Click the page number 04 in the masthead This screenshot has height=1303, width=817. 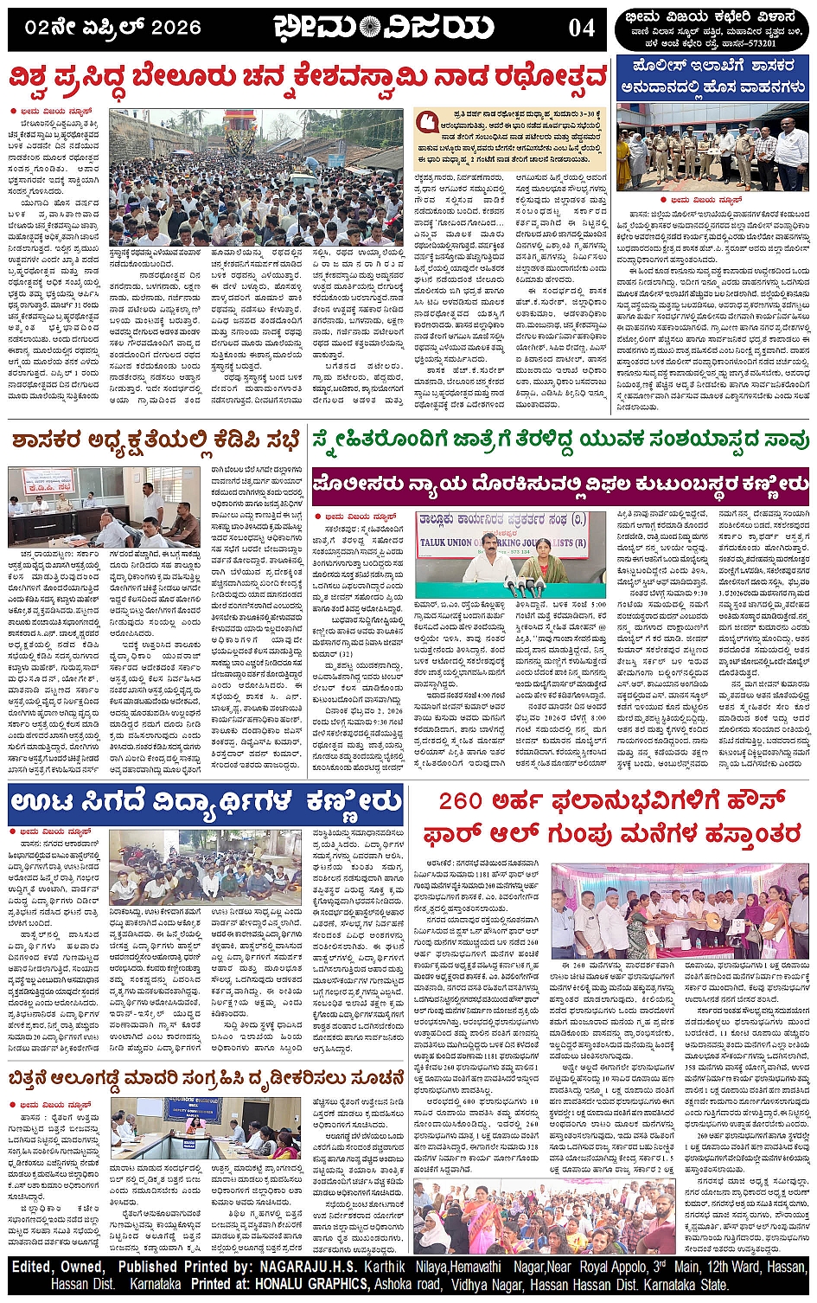click(582, 28)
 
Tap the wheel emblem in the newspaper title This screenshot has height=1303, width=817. click(369, 28)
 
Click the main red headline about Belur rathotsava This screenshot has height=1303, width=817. click(309, 79)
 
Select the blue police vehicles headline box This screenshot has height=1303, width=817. click(712, 77)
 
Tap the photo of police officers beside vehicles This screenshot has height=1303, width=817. click(712, 147)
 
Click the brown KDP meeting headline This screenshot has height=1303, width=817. click(156, 440)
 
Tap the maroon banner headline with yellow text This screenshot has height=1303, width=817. click(560, 484)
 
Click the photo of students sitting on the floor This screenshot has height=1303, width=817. click(206, 867)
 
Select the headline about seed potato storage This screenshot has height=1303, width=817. click(206, 1078)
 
